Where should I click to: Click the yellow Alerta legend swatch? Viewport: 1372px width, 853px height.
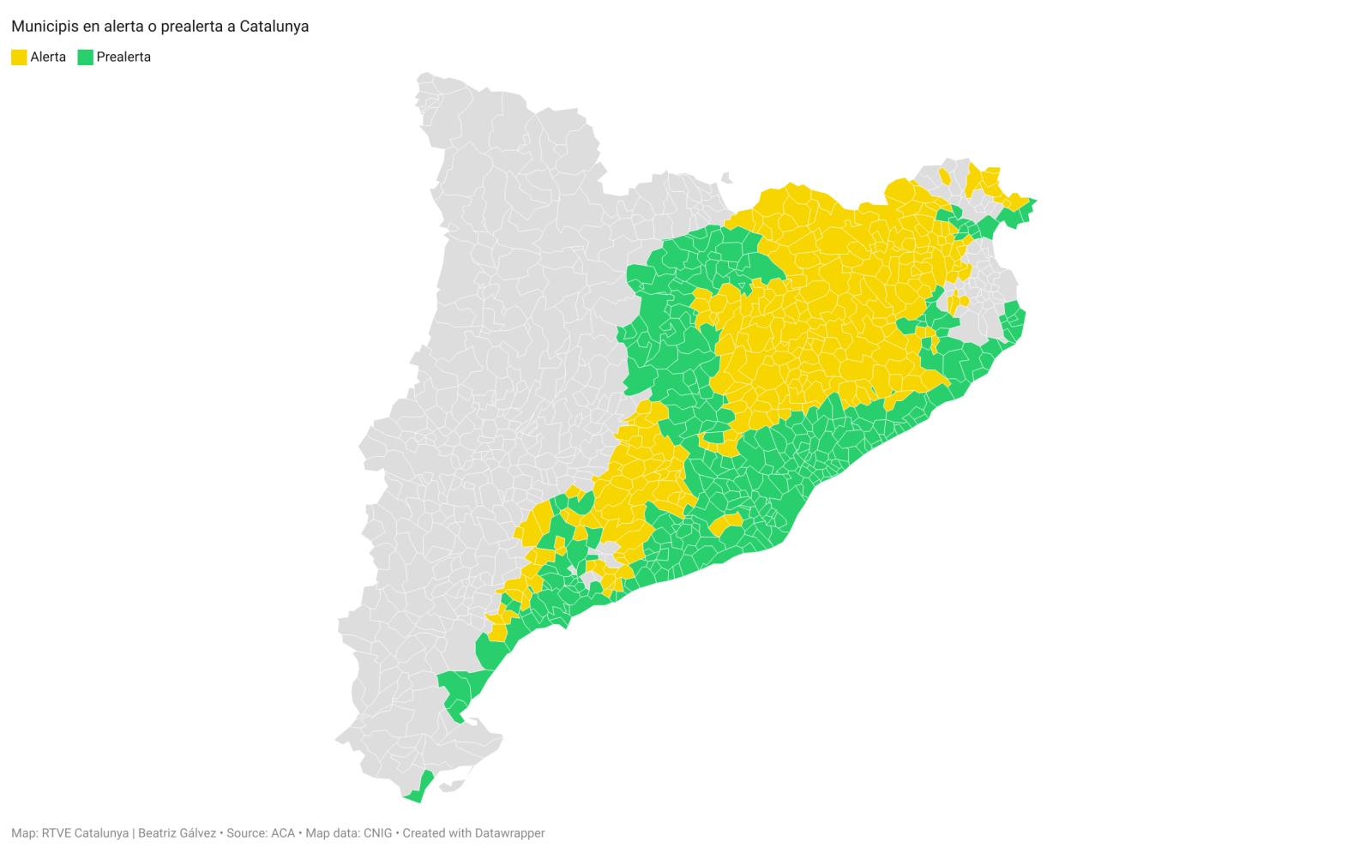pos(19,57)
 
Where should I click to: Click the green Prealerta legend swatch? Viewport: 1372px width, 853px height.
pos(85,57)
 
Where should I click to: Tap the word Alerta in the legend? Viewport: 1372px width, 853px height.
pos(48,57)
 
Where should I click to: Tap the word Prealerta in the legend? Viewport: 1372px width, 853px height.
pos(123,57)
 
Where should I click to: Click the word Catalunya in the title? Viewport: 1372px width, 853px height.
pos(274,27)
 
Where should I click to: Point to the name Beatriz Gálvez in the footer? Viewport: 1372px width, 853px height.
pos(177,833)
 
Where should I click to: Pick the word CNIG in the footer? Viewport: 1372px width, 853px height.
pos(377,833)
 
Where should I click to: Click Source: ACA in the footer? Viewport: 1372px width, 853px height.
pos(260,833)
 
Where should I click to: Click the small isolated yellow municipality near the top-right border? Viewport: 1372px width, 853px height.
pos(945,177)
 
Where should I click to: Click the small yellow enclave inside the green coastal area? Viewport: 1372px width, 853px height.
pos(726,522)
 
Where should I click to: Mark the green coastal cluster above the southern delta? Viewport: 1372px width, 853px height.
pos(463,691)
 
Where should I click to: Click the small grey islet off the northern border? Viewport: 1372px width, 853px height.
pos(727,178)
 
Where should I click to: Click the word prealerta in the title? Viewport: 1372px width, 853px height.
pos(193,27)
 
